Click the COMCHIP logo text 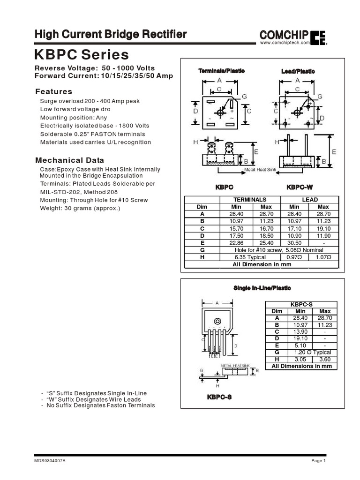284,35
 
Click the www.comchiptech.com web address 285,43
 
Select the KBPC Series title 82,55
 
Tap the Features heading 54,91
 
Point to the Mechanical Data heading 70,160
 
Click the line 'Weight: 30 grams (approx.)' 80,208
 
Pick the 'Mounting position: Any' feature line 74,117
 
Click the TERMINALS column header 250,199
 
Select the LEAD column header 309,199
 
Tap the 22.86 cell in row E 237,243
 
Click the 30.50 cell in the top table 294,243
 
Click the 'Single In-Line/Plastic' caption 262,288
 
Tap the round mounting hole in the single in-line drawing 217,322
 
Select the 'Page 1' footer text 318,461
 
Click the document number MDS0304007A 50,461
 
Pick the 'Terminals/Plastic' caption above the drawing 221,71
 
